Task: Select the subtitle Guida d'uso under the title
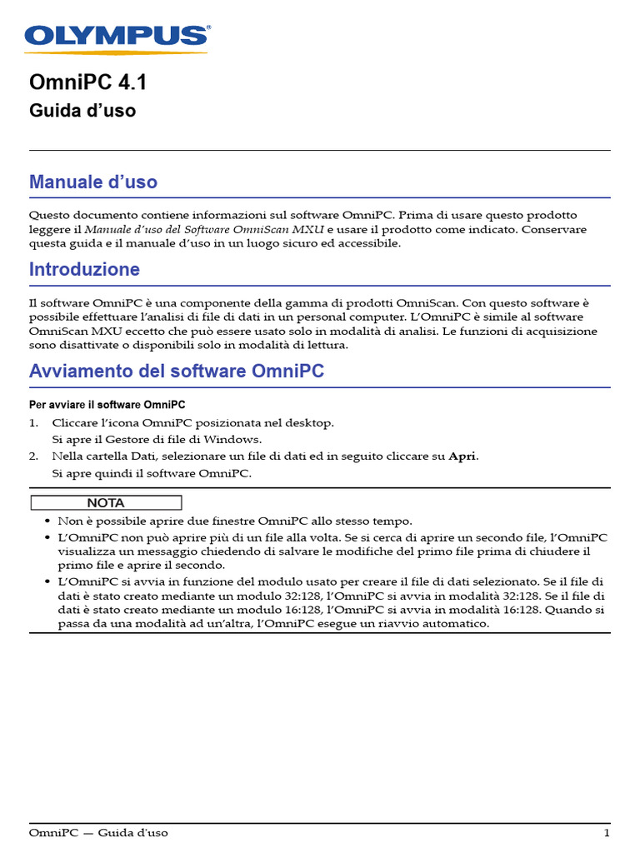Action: (x=82, y=110)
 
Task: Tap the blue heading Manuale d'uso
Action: (x=92, y=182)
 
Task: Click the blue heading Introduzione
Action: (x=84, y=270)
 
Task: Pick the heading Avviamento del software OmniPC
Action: (x=177, y=372)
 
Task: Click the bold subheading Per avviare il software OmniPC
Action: (x=107, y=405)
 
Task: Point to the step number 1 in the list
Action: (x=33, y=422)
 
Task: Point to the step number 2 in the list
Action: (x=33, y=456)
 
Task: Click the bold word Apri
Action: (x=463, y=456)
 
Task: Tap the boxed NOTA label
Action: (x=106, y=503)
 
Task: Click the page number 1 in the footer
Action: (x=607, y=833)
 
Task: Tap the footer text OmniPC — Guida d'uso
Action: (x=98, y=833)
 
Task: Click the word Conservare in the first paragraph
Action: (x=557, y=229)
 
